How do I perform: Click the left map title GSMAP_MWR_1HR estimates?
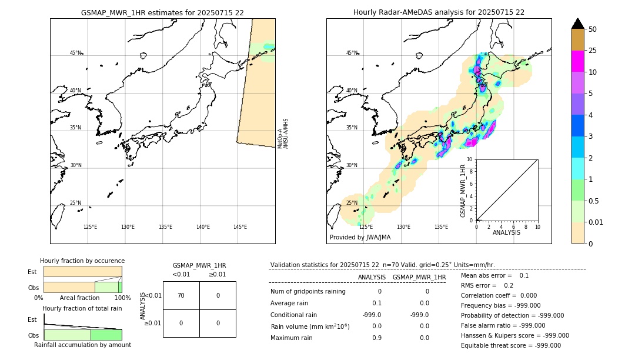click(x=162, y=12)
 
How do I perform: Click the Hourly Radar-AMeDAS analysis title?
click(x=439, y=12)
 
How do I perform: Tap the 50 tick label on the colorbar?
click(x=593, y=29)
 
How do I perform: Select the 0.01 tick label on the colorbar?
click(x=596, y=222)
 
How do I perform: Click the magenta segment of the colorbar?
click(x=578, y=61)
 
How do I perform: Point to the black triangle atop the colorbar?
click(x=578, y=24)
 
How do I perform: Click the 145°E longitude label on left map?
click(x=240, y=227)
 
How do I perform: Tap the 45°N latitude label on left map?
click(x=75, y=53)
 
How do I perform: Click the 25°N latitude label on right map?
click(x=352, y=203)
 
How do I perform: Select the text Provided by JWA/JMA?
click(x=360, y=237)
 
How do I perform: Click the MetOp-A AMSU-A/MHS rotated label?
click(x=283, y=134)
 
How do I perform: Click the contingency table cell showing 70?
click(x=181, y=295)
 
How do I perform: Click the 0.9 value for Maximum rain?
click(x=377, y=338)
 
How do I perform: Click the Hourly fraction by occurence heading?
click(x=82, y=261)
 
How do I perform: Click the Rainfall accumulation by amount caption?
click(x=82, y=345)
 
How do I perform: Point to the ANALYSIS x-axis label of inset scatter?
click(x=507, y=232)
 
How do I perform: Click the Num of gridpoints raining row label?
click(x=308, y=291)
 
